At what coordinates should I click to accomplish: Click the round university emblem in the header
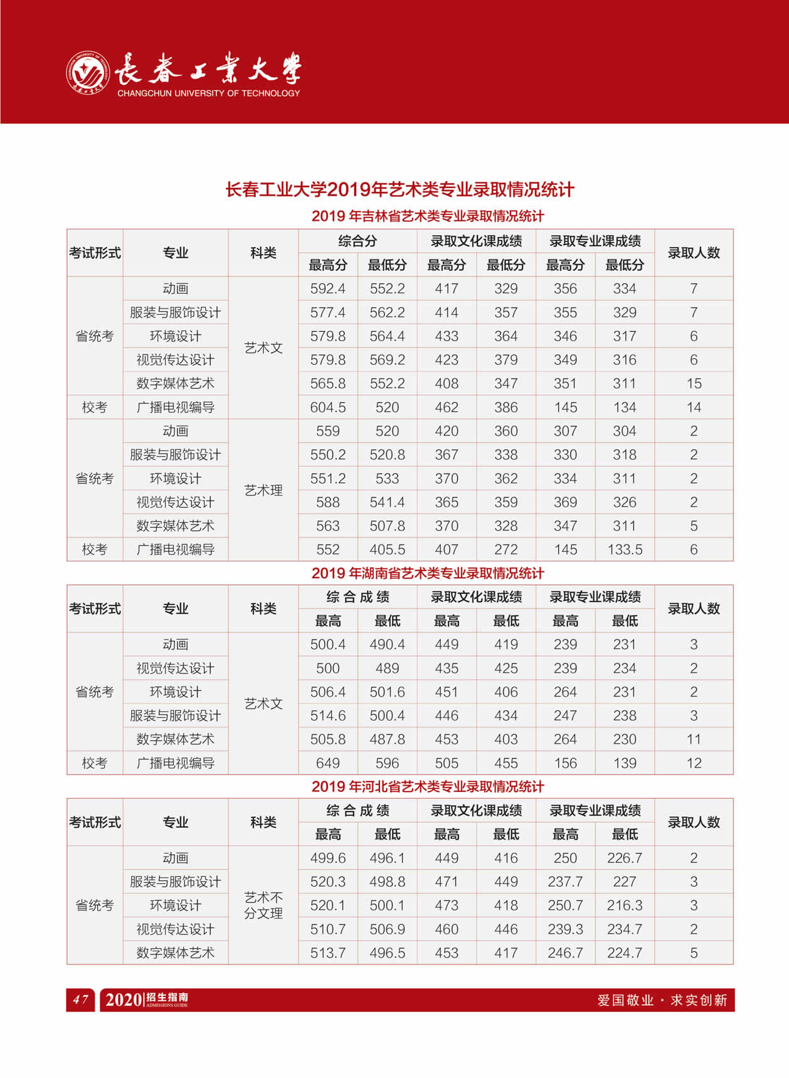(x=88, y=73)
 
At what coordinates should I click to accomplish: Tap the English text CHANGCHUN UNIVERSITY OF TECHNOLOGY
(x=208, y=93)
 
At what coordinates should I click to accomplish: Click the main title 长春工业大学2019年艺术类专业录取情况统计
(x=400, y=189)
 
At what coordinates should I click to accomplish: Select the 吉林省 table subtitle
(x=427, y=216)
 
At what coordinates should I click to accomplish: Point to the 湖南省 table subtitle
(x=427, y=573)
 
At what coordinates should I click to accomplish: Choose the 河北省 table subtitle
(x=427, y=786)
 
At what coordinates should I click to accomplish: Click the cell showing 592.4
(x=327, y=288)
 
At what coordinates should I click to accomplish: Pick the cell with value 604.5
(x=327, y=407)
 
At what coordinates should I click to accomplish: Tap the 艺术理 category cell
(x=263, y=490)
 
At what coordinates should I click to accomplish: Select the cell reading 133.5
(x=625, y=549)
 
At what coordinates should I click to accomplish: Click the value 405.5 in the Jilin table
(x=387, y=549)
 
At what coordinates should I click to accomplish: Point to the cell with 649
(x=327, y=763)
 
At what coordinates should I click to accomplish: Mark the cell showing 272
(x=506, y=549)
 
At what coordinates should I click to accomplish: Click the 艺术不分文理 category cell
(x=263, y=905)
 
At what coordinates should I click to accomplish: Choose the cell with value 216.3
(x=625, y=906)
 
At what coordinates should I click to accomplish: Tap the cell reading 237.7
(x=565, y=882)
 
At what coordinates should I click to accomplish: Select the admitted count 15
(x=694, y=383)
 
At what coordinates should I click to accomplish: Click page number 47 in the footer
(x=80, y=1000)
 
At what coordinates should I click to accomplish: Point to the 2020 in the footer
(x=124, y=1000)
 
